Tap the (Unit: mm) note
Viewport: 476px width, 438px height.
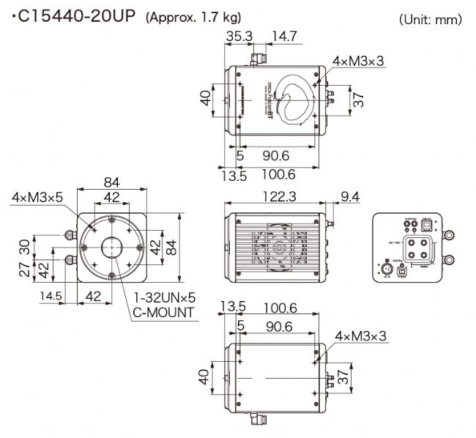point(431,20)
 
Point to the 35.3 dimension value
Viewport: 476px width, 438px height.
point(239,34)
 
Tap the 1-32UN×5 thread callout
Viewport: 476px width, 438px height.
point(164,297)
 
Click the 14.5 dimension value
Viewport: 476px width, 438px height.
point(51,296)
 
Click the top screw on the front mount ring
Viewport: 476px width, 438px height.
point(112,220)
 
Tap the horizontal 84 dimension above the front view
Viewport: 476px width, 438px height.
point(112,182)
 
